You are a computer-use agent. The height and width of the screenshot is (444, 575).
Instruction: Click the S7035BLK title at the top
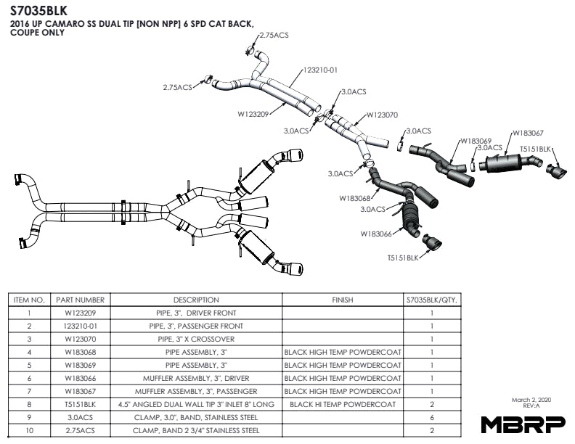pos(38,12)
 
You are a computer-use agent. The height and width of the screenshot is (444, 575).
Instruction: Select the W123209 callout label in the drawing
pos(253,113)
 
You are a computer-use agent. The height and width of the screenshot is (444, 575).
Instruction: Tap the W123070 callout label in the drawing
pos(382,115)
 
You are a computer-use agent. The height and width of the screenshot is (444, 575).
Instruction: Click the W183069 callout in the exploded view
pos(476,141)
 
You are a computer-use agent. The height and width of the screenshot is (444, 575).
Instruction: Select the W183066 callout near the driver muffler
pos(376,234)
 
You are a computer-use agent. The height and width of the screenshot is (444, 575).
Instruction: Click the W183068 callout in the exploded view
pos(355,198)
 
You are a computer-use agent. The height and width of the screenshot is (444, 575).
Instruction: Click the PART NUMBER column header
pos(80,300)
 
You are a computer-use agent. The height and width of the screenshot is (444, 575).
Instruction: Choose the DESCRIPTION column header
pos(196,300)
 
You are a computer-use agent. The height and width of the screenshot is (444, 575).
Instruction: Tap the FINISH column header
pos(342,300)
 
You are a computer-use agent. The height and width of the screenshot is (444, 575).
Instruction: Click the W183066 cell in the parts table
pos(80,378)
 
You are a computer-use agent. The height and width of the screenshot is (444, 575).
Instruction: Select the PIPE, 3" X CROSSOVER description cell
pos(196,339)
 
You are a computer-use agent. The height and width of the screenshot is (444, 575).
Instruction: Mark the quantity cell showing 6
pos(432,417)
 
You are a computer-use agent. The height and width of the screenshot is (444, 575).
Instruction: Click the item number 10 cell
pos(29,430)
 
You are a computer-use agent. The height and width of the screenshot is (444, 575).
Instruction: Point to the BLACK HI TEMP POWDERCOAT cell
pos(342,404)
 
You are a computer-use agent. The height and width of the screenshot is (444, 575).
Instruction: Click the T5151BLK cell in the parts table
pos(80,404)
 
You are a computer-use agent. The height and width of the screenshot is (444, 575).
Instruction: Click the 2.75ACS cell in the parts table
pos(80,430)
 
